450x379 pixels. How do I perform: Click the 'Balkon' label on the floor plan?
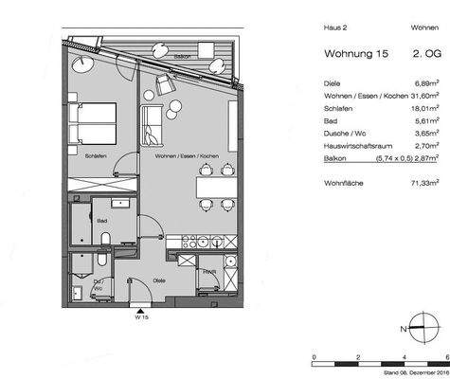point(182,57)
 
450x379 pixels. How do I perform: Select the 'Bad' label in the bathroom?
point(100,221)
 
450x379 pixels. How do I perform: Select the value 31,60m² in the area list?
point(421,95)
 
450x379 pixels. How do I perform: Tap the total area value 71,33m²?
point(422,180)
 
